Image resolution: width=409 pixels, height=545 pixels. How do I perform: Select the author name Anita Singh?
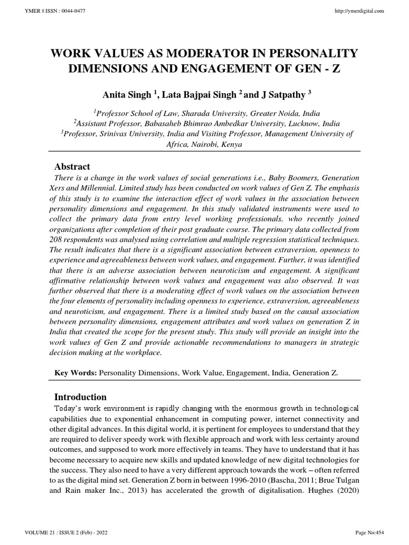click(x=126, y=95)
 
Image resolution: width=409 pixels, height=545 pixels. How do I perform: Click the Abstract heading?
click(x=72, y=167)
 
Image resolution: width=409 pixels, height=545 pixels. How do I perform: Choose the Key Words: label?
click(x=75, y=374)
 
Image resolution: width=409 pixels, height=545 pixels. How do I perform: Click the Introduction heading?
click(x=81, y=397)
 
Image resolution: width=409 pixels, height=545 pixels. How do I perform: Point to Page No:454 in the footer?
click(x=370, y=533)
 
